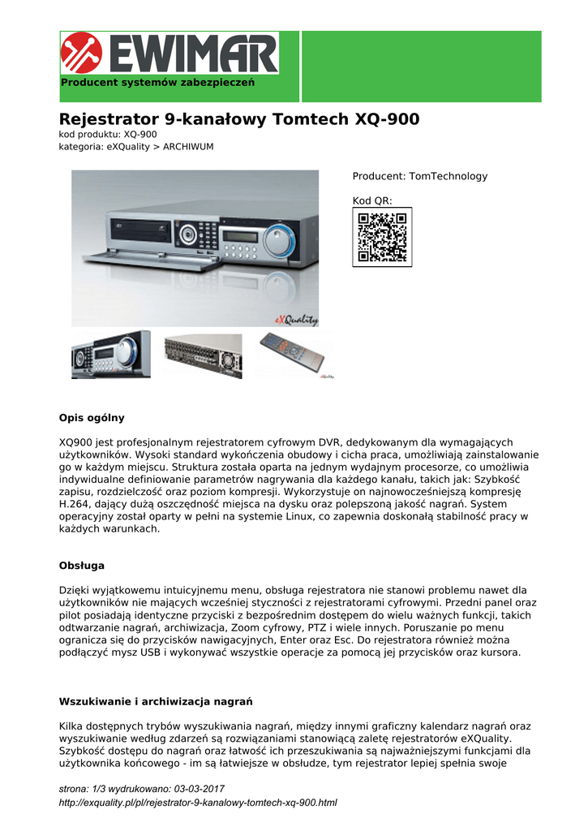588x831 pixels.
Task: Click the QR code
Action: pyautogui.click(x=382, y=236)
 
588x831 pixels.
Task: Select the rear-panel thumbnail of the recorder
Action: pyautogui.click(x=203, y=355)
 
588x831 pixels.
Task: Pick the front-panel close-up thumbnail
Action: pyautogui.click(x=110, y=355)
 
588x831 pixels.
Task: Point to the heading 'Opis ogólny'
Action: pyautogui.click(x=92, y=418)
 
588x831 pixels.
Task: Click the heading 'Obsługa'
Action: pyautogui.click(x=82, y=565)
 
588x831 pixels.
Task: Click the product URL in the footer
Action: pyautogui.click(x=198, y=803)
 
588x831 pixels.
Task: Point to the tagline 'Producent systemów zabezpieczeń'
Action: pyautogui.click(x=158, y=83)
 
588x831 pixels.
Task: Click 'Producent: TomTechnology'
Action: pyautogui.click(x=419, y=176)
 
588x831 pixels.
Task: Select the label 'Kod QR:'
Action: pyautogui.click(x=371, y=200)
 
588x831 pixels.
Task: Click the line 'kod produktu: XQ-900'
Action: pyautogui.click(x=108, y=134)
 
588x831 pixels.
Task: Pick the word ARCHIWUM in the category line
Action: pyautogui.click(x=188, y=147)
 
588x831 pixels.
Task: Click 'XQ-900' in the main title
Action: pyautogui.click(x=388, y=119)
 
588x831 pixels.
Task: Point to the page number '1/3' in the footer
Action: pyautogui.click(x=98, y=789)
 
